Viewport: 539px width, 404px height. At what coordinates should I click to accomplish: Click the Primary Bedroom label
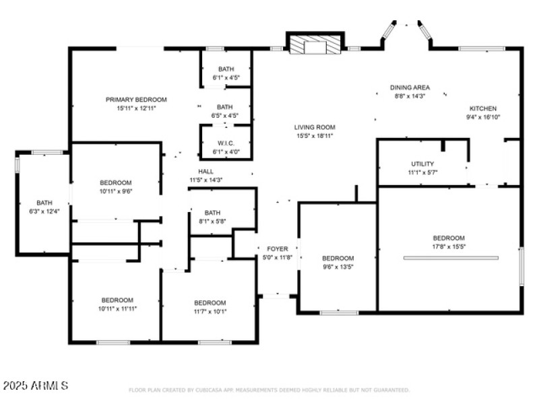click(x=136, y=100)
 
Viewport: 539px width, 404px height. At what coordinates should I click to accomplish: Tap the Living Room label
click(x=314, y=127)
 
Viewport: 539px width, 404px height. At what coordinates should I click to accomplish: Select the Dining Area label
click(x=410, y=88)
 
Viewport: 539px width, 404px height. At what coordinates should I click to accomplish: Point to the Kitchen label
click(x=483, y=108)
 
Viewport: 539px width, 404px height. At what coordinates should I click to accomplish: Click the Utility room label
click(x=422, y=164)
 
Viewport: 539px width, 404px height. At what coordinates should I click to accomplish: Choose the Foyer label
click(x=278, y=249)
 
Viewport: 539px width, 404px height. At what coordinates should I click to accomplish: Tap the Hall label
click(x=206, y=172)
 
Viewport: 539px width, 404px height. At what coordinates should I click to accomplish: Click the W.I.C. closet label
click(x=225, y=143)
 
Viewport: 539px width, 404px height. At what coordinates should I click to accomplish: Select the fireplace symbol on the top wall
click(x=314, y=43)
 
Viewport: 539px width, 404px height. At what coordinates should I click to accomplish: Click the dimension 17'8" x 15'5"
click(x=449, y=246)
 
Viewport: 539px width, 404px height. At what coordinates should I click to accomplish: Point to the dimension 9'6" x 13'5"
click(x=338, y=267)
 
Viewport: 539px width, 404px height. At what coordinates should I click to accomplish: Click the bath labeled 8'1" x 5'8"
click(x=212, y=216)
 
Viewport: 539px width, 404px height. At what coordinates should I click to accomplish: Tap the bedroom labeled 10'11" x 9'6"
click(x=116, y=187)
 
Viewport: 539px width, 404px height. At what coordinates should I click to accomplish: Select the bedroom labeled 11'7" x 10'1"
click(x=210, y=307)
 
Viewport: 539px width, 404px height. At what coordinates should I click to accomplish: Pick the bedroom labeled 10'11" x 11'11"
click(x=117, y=304)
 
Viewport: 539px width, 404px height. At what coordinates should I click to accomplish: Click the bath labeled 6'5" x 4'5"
click(x=224, y=111)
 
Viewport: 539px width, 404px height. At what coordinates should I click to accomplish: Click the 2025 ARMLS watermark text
click(x=36, y=386)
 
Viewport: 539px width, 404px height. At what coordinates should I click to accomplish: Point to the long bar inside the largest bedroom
click(x=451, y=258)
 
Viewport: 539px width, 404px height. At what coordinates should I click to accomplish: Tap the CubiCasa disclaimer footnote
click(x=269, y=390)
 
